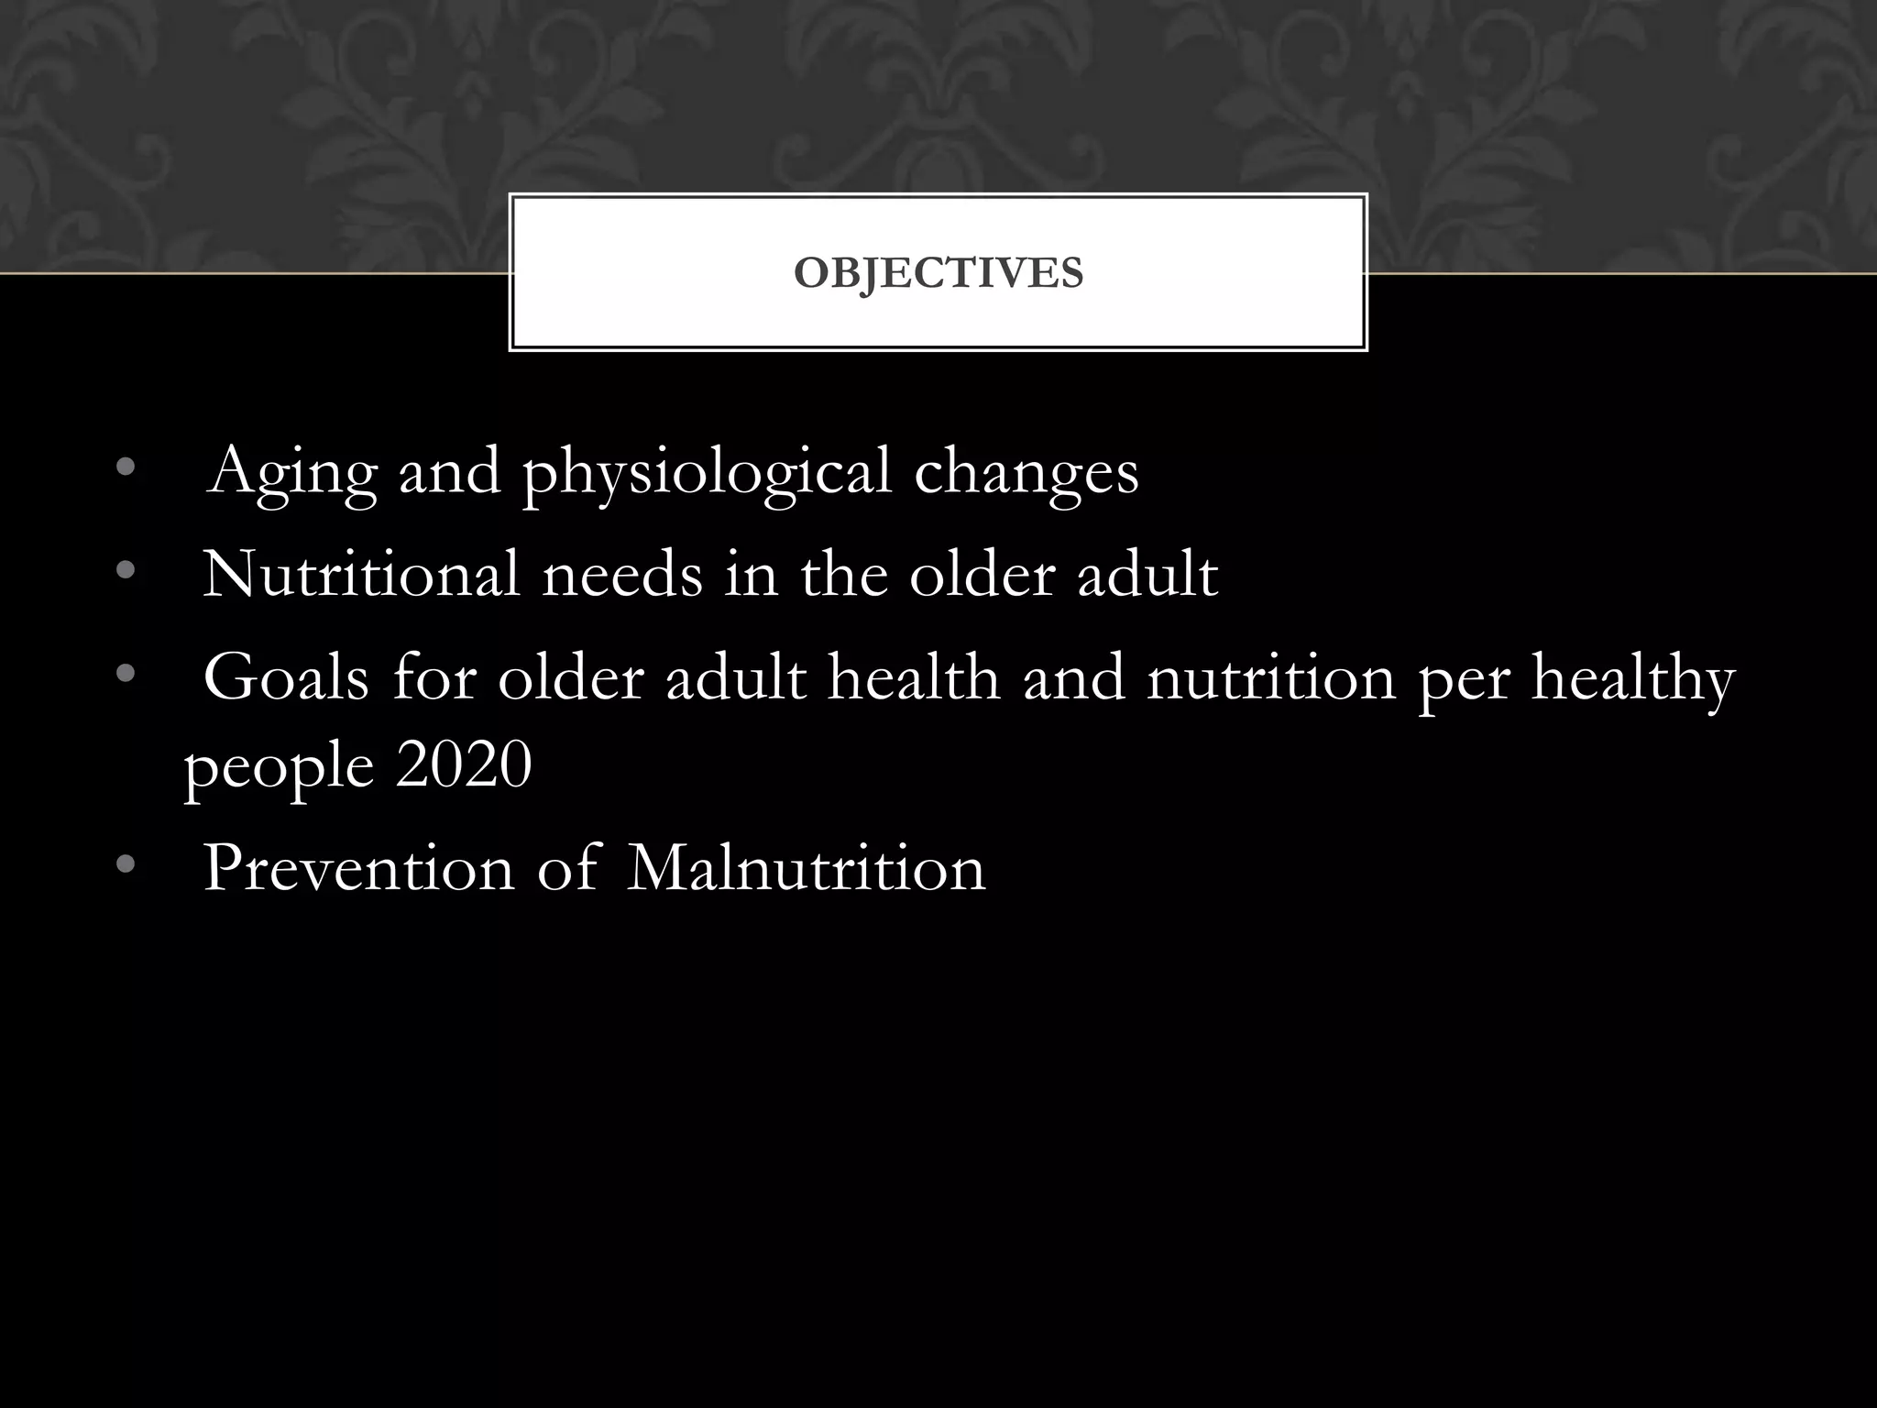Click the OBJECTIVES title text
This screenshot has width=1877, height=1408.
[x=938, y=273]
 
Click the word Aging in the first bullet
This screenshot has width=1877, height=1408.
[x=291, y=473]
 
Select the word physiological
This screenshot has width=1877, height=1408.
[x=707, y=473]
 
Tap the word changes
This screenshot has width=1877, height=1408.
[x=1026, y=473]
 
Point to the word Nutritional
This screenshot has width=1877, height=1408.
[x=361, y=575]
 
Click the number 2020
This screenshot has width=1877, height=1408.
[x=464, y=765]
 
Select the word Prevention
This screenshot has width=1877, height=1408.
[x=358, y=868]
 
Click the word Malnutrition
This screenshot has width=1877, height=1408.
[x=807, y=868]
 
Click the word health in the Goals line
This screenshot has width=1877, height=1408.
[x=913, y=678]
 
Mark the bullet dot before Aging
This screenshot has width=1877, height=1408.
[x=126, y=469]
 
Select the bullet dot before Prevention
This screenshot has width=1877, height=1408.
[x=126, y=864]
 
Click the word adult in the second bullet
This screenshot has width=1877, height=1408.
[x=1147, y=575]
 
